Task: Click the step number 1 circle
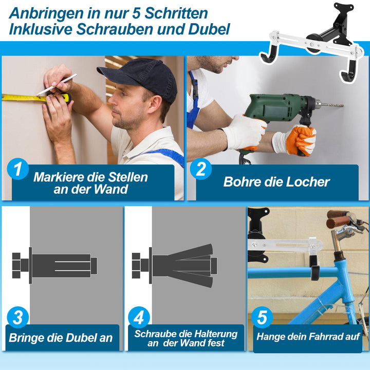pyautogui.click(x=18, y=170)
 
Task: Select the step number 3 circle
pyautogui.click(x=18, y=318)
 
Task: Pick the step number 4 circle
pyautogui.click(x=138, y=318)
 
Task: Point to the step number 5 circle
pyautogui.click(x=263, y=318)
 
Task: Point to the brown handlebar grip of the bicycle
pyautogui.click(x=338, y=215)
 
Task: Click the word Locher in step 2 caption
pyautogui.click(x=306, y=181)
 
